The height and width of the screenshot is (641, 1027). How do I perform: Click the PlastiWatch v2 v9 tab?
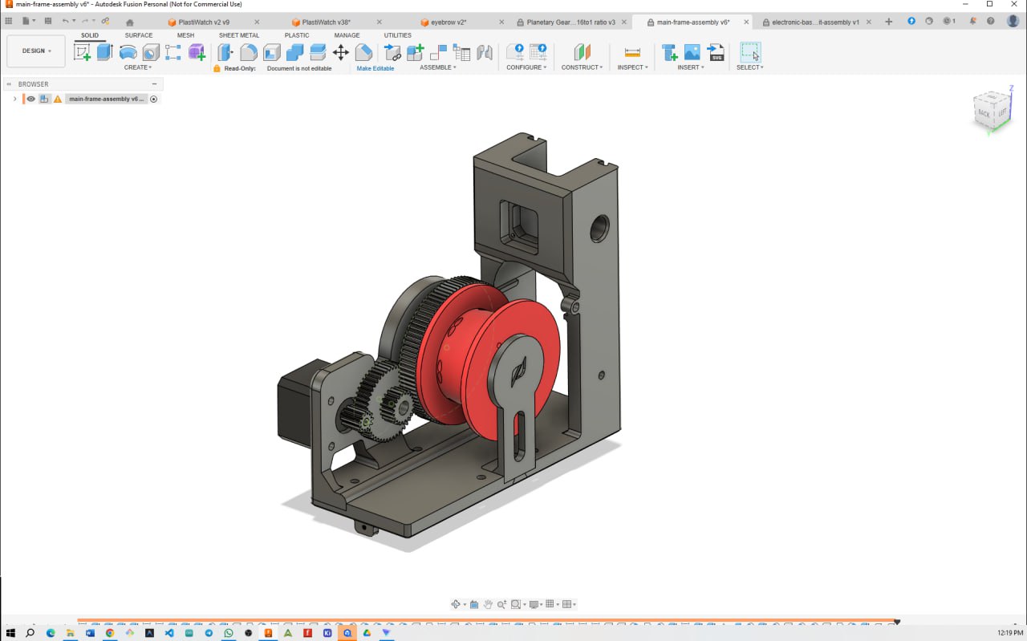(x=204, y=22)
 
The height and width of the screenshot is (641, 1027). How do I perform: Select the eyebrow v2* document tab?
(x=449, y=22)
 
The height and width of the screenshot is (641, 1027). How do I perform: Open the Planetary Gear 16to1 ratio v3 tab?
(x=570, y=22)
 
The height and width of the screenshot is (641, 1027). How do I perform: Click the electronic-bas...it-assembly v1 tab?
(x=815, y=22)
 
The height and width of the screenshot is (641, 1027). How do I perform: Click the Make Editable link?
(x=375, y=68)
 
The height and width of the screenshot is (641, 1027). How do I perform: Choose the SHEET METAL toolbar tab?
(x=239, y=35)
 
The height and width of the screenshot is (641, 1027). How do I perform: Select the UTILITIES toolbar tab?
(x=397, y=35)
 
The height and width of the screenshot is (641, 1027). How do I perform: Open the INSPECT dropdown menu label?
(x=632, y=67)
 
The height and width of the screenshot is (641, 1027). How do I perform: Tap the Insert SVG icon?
(x=716, y=53)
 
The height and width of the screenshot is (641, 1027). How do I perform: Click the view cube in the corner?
(x=992, y=111)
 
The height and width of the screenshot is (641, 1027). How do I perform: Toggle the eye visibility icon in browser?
(x=31, y=99)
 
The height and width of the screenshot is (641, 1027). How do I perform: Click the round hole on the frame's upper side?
(x=599, y=229)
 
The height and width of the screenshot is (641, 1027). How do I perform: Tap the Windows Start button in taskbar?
(x=10, y=633)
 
